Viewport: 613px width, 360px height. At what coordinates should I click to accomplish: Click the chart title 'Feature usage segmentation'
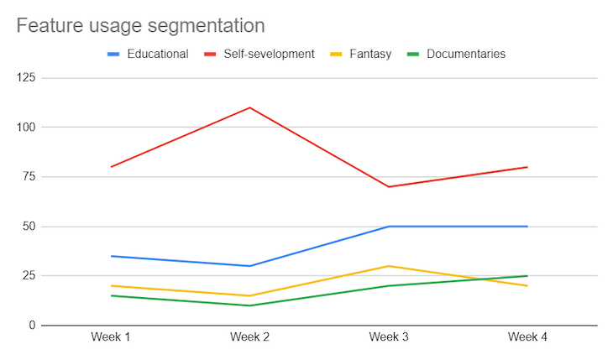(x=140, y=26)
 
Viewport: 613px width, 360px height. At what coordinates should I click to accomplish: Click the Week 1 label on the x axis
(x=110, y=337)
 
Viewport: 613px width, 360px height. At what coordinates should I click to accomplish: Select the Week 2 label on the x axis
(x=249, y=337)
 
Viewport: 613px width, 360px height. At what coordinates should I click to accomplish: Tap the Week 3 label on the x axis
(x=389, y=337)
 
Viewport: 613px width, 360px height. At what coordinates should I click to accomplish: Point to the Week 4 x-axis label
(x=527, y=337)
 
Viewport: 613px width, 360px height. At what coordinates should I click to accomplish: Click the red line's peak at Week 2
(x=249, y=107)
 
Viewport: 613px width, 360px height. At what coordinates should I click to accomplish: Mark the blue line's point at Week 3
(x=389, y=227)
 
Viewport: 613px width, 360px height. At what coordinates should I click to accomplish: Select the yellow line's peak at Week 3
(x=389, y=266)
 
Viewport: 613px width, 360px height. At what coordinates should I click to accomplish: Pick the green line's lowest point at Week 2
(x=249, y=305)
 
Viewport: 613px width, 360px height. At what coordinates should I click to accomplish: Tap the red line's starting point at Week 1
(x=110, y=167)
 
